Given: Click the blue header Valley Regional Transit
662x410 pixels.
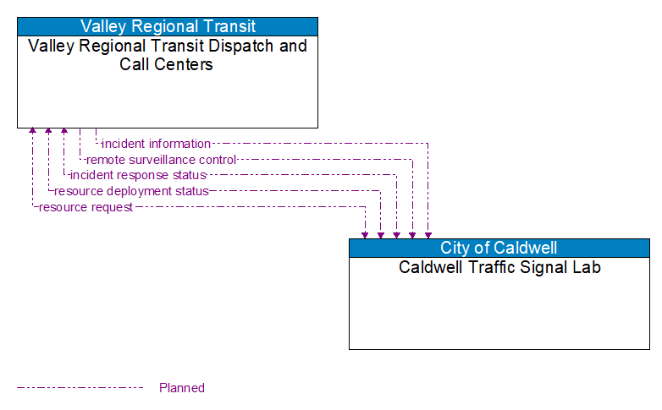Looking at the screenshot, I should (x=168, y=26).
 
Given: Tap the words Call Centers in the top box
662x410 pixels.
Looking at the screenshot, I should (x=167, y=64).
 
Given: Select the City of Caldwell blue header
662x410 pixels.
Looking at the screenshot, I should (x=499, y=248).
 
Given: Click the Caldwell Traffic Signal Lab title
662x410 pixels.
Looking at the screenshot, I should (x=499, y=268).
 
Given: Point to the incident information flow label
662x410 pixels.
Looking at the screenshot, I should (x=156, y=144).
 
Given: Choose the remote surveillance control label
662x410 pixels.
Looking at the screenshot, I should (x=161, y=160).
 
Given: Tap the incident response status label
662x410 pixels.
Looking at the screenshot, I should (x=138, y=175).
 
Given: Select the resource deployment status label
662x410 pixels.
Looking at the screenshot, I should (x=131, y=191).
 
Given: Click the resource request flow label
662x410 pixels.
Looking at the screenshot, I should (x=86, y=207).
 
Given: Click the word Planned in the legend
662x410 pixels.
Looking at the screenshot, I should (x=182, y=388).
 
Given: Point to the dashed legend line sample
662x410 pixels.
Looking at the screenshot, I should (x=80, y=388).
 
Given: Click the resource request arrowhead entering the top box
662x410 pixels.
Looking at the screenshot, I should (x=32, y=132).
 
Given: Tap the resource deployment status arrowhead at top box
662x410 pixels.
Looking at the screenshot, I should (x=48, y=132).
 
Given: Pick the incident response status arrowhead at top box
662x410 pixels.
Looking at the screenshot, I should (x=64, y=132).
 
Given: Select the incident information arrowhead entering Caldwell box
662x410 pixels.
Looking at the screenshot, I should (x=428, y=234).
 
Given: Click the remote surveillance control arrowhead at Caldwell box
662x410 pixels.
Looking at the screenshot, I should (x=412, y=234).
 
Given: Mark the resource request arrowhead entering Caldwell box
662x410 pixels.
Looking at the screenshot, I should (x=365, y=234).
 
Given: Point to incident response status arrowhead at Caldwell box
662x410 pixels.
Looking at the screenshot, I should (x=396, y=234).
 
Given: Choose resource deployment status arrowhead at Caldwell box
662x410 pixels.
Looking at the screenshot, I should (x=381, y=234).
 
